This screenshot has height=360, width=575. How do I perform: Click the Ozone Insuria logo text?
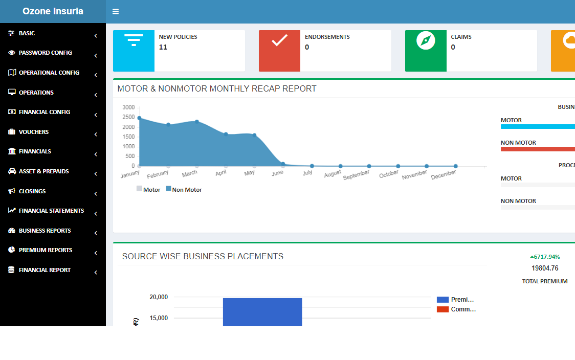tap(53, 11)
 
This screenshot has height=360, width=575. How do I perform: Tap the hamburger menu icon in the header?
tap(116, 11)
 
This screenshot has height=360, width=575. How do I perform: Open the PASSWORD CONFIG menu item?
tap(45, 53)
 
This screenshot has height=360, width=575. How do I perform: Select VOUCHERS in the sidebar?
tap(34, 132)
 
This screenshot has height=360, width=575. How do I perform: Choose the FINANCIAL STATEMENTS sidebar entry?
tap(51, 211)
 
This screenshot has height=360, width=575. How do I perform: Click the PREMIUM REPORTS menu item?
tap(46, 250)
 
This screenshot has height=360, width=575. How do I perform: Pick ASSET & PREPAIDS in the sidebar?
tap(43, 171)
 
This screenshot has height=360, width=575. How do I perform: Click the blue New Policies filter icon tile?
tap(134, 51)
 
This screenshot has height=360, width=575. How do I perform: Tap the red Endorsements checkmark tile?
tap(279, 51)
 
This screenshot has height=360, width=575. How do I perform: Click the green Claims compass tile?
tap(426, 51)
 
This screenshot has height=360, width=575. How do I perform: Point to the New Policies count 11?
tap(163, 47)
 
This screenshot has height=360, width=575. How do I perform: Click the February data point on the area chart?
tap(168, 125)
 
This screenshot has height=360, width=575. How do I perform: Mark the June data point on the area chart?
tap(283, 164)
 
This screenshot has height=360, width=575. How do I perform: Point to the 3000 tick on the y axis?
tap(128, 107)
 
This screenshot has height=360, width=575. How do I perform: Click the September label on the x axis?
tap(356, 174)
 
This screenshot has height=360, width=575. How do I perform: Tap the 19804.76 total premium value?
tap(545, 268)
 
